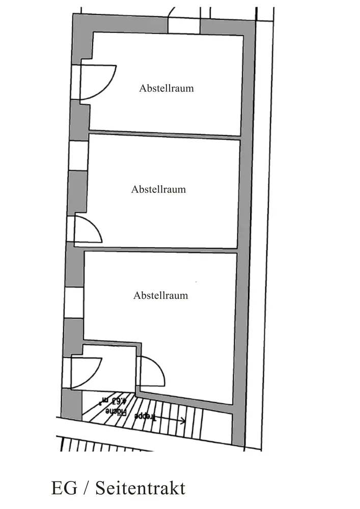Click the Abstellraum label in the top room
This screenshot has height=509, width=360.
[x=167, y=88]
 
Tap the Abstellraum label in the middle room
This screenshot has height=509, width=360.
[x=158, y=189]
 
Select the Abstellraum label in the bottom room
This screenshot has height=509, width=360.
[x=160, y=295]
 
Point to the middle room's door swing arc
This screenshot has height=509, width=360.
[x=90, y=229]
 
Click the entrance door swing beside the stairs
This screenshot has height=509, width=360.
[x=87, y=372]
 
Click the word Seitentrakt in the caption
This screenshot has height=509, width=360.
[x=141, y=489]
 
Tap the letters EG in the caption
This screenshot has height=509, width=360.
[x=64, y=489]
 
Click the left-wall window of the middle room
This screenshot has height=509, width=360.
[x=78, y=155]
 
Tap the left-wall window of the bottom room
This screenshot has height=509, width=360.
[x=74, y=302]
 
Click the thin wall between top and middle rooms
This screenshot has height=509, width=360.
[x=164, y=135]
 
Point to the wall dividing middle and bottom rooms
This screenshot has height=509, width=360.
[x=160, y=249]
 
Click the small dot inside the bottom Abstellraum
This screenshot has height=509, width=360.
[x=196, y=281]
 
